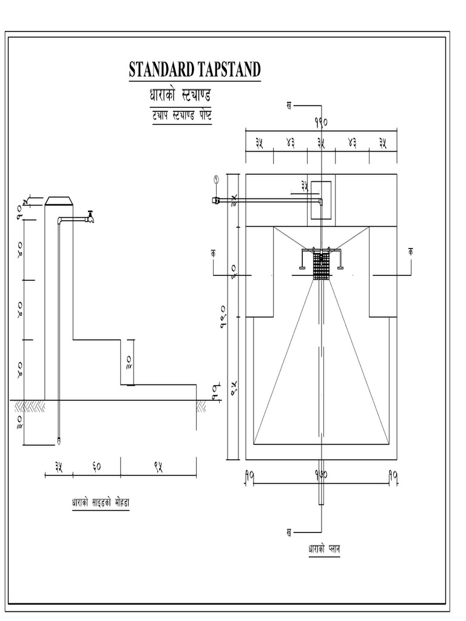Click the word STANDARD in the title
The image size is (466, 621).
161,70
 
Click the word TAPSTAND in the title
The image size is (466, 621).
228,70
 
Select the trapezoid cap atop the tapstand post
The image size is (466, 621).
59,201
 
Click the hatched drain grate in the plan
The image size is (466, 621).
320,266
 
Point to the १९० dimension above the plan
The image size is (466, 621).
321,121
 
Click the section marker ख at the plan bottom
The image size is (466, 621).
289,532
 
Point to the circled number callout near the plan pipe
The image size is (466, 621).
215,179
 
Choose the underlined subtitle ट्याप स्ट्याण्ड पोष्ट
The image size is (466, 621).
181,115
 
